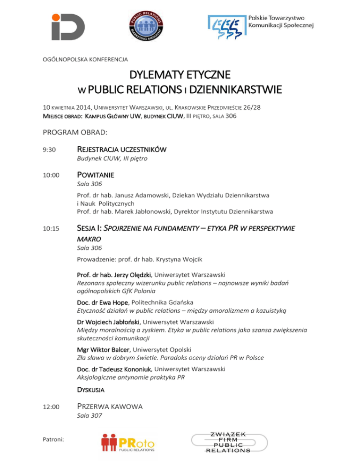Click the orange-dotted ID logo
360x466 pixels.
tap(68, 26)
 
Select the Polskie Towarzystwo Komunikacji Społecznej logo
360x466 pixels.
tap(261, 26)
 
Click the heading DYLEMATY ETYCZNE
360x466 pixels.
tap(180, 75)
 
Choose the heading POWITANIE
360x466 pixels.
tap(96, 175)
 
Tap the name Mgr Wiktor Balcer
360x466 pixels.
tap(104, 349)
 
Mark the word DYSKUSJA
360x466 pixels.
tap(90, 389)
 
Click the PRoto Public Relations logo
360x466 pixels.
tap(127, 443)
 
